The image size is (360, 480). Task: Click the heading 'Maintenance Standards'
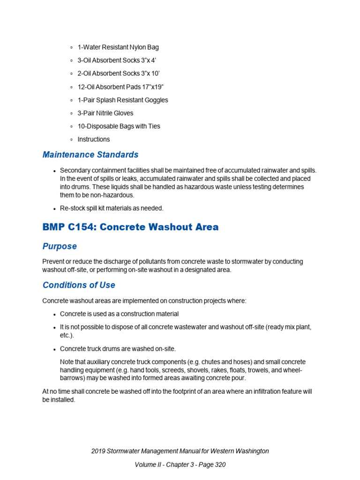pos(90,155)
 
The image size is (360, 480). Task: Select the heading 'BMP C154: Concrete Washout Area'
pos(130,227)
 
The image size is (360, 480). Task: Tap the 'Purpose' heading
pos(60,247)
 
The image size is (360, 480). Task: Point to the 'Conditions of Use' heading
pos(79,285)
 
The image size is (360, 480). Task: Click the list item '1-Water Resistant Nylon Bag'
pos(118,47)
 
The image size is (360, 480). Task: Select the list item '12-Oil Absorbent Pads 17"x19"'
pos(120,87)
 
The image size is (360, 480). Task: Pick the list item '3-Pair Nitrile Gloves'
pos(105,113)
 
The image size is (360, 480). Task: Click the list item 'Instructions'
pos(93,139)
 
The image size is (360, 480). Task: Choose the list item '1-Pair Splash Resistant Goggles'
pos(122,100)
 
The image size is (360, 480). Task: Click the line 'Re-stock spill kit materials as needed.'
pos(112,208)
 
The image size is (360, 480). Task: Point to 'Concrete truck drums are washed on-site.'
pos(118,349)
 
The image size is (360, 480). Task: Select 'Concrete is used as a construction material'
pos(119,314)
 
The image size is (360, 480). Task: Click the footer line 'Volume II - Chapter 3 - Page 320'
pos(180,465)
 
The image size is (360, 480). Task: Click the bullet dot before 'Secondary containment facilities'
pos(55,171)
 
